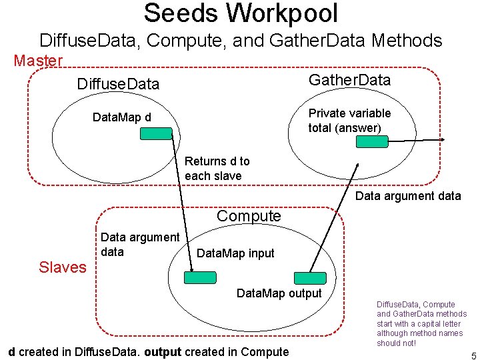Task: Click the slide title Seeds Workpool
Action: click(241, 13)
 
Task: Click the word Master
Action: click(38, 61)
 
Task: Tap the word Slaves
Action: click(63, 267)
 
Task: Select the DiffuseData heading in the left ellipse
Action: click(118, 83)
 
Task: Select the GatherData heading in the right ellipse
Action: click(349, 80)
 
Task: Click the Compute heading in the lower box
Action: click(249, 216)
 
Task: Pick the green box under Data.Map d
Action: click(156, 133)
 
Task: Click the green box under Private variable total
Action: click(372, 141)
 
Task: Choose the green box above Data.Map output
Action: click(310, 278)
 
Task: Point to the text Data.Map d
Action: click(121, 118)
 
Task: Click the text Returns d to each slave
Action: click(217, 168)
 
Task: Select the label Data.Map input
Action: click(235, 253)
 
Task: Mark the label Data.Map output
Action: click(279, 293)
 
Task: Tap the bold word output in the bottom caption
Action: click(163, 352)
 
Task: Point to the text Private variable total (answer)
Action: click(349, 120)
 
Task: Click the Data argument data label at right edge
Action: click(407, 196)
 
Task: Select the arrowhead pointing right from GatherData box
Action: click(443, 140)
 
